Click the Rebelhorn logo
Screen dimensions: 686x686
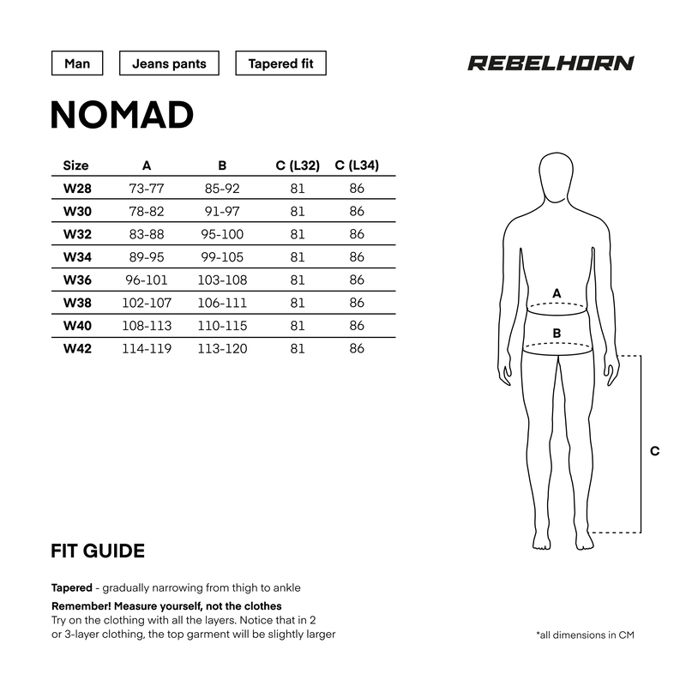[x=551, y=63]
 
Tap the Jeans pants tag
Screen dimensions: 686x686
[x=169, y=64]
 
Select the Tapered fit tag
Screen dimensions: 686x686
[x=280, y=64]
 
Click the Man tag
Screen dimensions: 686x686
[x=77, y=64]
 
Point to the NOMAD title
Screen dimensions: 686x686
[x=122, y=115]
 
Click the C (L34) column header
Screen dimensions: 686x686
[x=357, y=165]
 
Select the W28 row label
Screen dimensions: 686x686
[x=77, y=188]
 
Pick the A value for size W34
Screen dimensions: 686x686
[x=147, y=256]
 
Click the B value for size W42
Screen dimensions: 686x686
[x=222, y=348]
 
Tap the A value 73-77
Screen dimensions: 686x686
[x=147, y=188]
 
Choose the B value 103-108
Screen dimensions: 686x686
[x=222, y=280]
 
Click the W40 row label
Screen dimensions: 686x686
[x=77, y=325]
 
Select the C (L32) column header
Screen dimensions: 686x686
[x=298, y=165]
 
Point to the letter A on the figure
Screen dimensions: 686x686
[x=557, y=293]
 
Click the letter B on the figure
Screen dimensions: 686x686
[x=557, y=333]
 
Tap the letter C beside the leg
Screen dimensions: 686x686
[x=654, y=451]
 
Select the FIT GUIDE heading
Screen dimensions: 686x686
[x=98, y=551]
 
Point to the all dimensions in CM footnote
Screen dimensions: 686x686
[x=585, y=635]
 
